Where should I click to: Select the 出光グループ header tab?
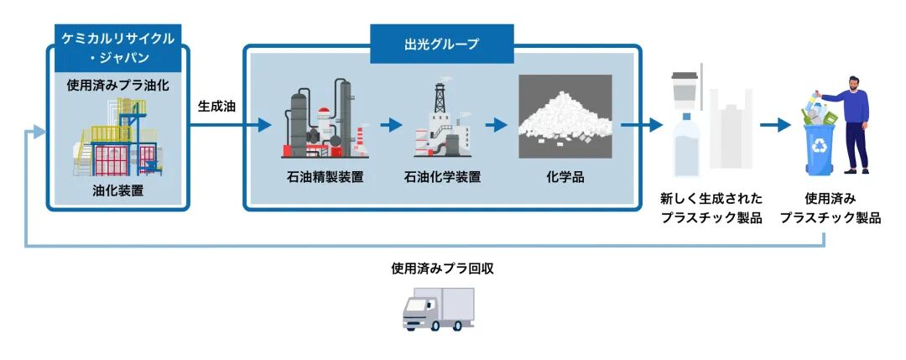tap(441, 43)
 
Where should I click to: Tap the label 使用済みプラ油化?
tap(117, 86)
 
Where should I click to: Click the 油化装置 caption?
tap(117, 190)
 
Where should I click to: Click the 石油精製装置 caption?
tap(325, 177)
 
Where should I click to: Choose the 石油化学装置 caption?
tap(442, 177)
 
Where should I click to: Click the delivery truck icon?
tap(438, 309)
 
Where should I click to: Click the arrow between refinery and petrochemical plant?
tap(391, 125)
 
